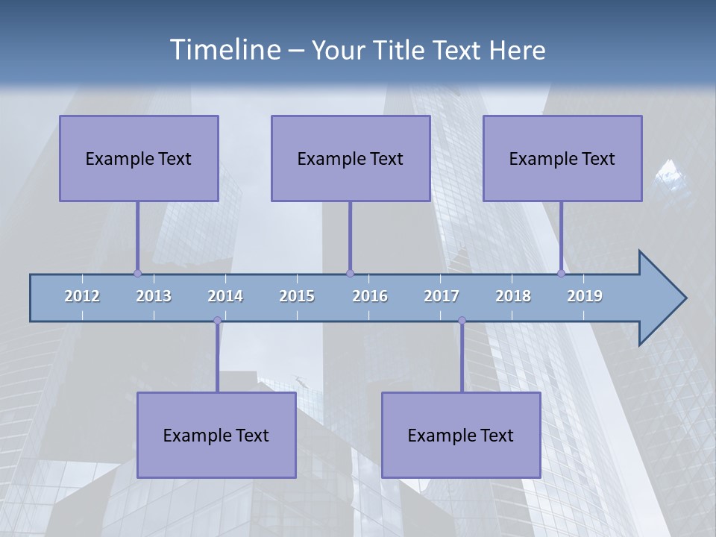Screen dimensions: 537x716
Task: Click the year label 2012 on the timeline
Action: tap(82, 296)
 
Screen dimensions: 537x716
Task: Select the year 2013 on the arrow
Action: tap(154, 296)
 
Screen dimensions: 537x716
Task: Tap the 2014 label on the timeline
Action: tap(225, 296)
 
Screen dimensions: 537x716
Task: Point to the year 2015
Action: tap(297, 296)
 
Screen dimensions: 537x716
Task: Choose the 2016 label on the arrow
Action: tap(370, 296)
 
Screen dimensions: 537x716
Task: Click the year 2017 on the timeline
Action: tap(442, 296)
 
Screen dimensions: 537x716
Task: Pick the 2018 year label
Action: tap(513, 296)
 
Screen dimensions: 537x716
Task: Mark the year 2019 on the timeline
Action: tap(585, 296)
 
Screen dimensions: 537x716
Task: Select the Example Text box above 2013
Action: tap(139, 158)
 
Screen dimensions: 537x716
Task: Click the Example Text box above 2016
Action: tap(351, 158)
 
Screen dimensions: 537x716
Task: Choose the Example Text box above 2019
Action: tap(562, 158)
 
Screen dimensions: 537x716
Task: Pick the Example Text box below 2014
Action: tap(216, 435)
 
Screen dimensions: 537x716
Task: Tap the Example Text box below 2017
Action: tap(461, 435)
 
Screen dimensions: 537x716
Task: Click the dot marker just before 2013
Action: tap(137, 273)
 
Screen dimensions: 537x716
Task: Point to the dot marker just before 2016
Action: tap(350, 273)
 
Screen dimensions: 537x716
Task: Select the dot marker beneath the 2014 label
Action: tap(217, 320)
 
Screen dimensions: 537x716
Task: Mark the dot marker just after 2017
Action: tap(462, 320)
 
